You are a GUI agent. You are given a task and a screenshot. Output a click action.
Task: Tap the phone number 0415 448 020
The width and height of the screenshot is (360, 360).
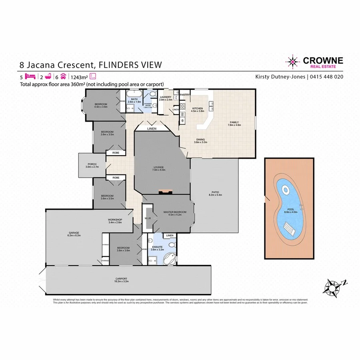(x=326, y=76)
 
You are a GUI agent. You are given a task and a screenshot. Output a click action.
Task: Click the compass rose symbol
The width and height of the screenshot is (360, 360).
(x=333, y=286)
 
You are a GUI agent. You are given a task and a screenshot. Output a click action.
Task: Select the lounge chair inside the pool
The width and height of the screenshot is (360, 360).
(x=290, y=230)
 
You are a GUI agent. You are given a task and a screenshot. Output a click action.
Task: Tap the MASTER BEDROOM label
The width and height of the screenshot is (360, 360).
(x=172, y=212)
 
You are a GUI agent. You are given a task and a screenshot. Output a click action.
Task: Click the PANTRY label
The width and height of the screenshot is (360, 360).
(x=184, y=94)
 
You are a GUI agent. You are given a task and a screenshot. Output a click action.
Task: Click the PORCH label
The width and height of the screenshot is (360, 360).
(x=92, y=165)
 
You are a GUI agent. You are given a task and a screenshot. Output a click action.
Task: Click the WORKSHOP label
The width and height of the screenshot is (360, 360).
(x=115, y=220)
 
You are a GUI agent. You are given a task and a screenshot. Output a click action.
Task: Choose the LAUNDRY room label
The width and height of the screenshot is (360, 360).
(x=165, y=97)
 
